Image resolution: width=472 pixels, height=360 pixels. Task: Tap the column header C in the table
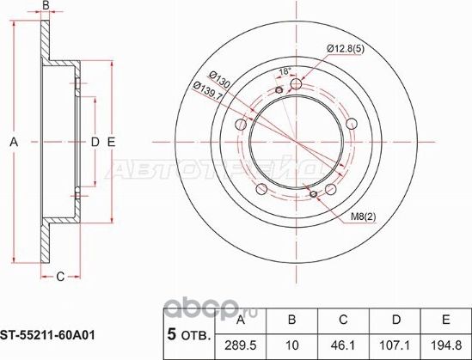point(341,320)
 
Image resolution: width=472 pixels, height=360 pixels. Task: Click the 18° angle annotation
point(286,72)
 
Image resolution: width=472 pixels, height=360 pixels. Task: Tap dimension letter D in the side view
point(95,142)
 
